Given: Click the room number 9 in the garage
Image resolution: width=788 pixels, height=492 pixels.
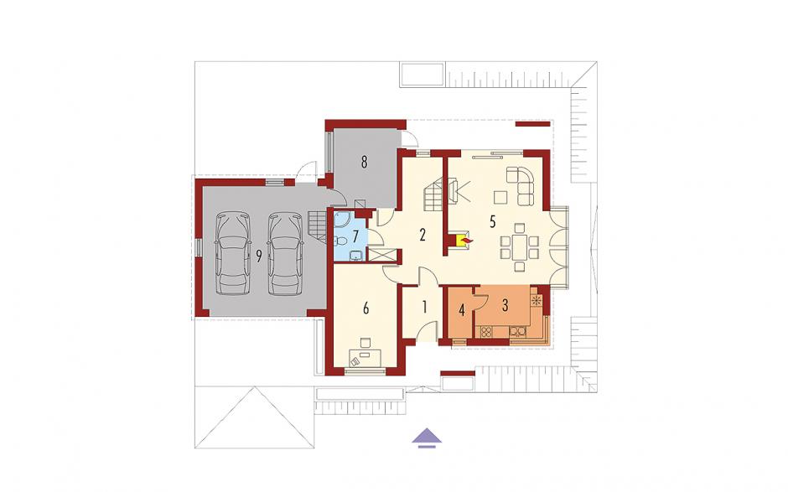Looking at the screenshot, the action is (259, 256).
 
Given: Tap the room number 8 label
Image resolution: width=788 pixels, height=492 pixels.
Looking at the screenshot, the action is (364, 162).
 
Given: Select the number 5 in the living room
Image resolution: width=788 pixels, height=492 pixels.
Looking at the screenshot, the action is (493, 220).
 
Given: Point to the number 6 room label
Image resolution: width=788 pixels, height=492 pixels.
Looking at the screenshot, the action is (365, 308).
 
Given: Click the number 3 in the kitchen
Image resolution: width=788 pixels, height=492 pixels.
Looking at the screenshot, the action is (505, 304).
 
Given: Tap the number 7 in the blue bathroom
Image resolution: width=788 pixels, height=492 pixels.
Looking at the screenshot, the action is (355, 236).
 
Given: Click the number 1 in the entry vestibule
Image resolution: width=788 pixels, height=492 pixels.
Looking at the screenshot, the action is (425, 306).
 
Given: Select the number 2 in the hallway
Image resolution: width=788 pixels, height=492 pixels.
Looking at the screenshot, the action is (423, 234).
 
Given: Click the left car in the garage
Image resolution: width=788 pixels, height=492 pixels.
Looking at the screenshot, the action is (233, 253).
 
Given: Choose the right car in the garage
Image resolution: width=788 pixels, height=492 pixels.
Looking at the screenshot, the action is (286, 253).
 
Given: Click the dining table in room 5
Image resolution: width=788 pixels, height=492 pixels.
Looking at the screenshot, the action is (520, 246).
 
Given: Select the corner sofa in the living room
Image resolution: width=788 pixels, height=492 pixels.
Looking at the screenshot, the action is (521, 185).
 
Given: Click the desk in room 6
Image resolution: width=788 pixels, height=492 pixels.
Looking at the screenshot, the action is (365, 358).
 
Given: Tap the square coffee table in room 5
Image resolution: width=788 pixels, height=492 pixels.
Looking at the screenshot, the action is (500, 197).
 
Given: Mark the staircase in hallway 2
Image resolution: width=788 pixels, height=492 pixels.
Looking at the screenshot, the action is (433, 195).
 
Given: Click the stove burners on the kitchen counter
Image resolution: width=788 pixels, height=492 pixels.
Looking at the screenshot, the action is (486, 331).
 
